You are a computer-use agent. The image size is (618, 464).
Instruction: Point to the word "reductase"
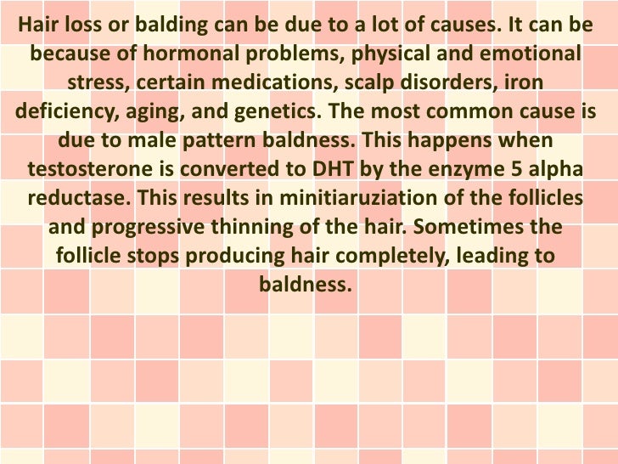[x=74, y=198]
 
